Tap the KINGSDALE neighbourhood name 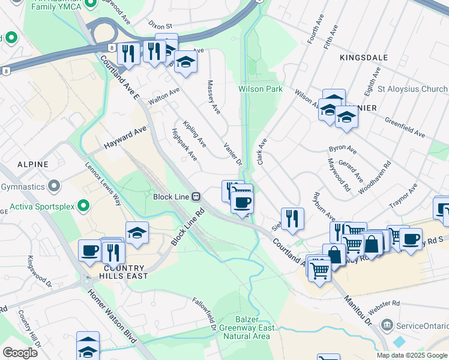[x=364, y=58]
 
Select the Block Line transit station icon [x=196, y=196]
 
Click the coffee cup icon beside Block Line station [x=242, y=202]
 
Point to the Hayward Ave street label [x=125, y=137]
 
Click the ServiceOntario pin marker [x=387, y=325]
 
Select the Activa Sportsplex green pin [x=83, y=207]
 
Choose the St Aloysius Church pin [x=367, y=89]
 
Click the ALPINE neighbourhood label [x=29, y=163]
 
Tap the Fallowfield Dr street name [x=205, y=315]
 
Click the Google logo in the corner [x=20, y=352]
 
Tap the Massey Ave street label [x=213, y=97]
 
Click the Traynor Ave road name [x=403, y=199]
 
